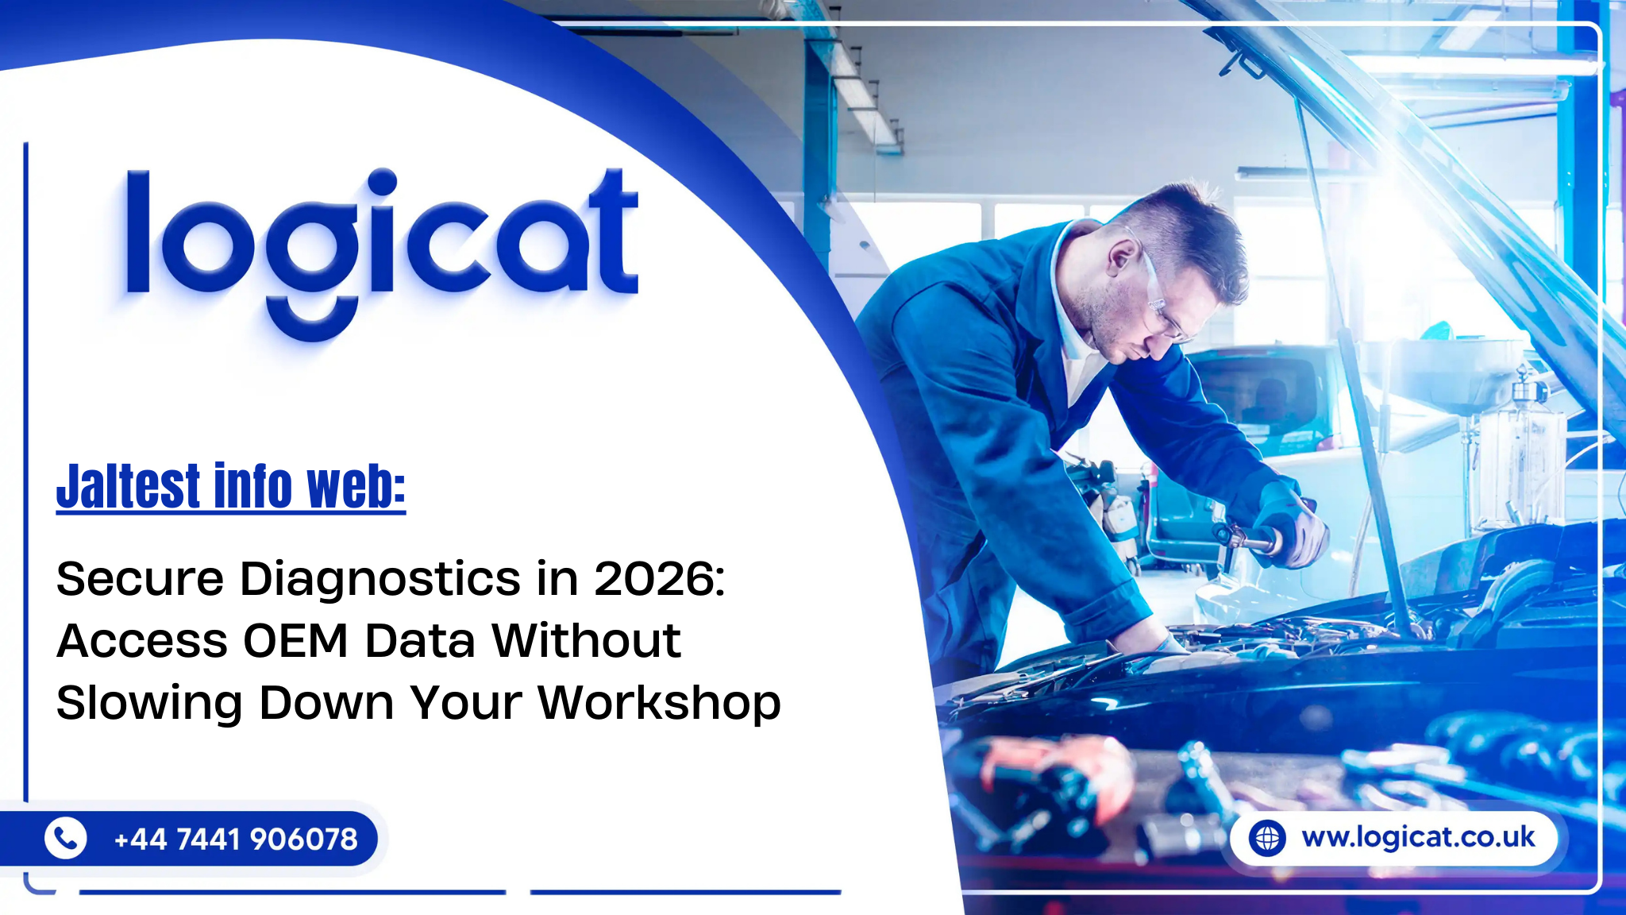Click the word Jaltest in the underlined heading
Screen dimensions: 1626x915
[x=128, y=486]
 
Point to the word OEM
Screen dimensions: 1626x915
[x=295, y=640]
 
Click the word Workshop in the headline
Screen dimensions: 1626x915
[x=659, y=704]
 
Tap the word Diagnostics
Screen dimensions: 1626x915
[x=380, y=580]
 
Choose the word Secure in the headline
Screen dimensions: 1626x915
[x=141, y=578]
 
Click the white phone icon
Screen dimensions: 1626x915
[x=65, y=838]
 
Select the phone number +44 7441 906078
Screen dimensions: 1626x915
[x=236, y=839]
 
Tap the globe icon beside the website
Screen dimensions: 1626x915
[x=1267, y=838]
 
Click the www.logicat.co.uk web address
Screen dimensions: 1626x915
[x=1418, y=837]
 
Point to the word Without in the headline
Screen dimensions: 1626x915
[x=586, y=640]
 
